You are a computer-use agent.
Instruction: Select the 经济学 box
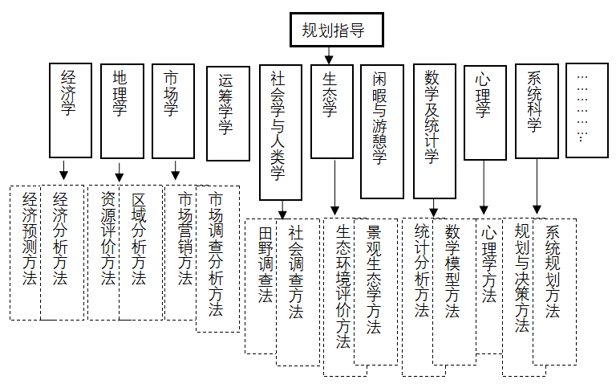tap(71, 110)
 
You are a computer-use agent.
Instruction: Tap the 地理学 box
tap(121, 110)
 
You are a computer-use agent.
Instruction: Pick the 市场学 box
tap(172, 110)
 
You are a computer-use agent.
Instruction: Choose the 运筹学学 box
tap(228, 112)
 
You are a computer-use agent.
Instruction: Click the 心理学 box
tap(484, 110)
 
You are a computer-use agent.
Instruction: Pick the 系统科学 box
tap(537, 110)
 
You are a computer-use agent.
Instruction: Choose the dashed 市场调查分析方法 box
tap(217, 257)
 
